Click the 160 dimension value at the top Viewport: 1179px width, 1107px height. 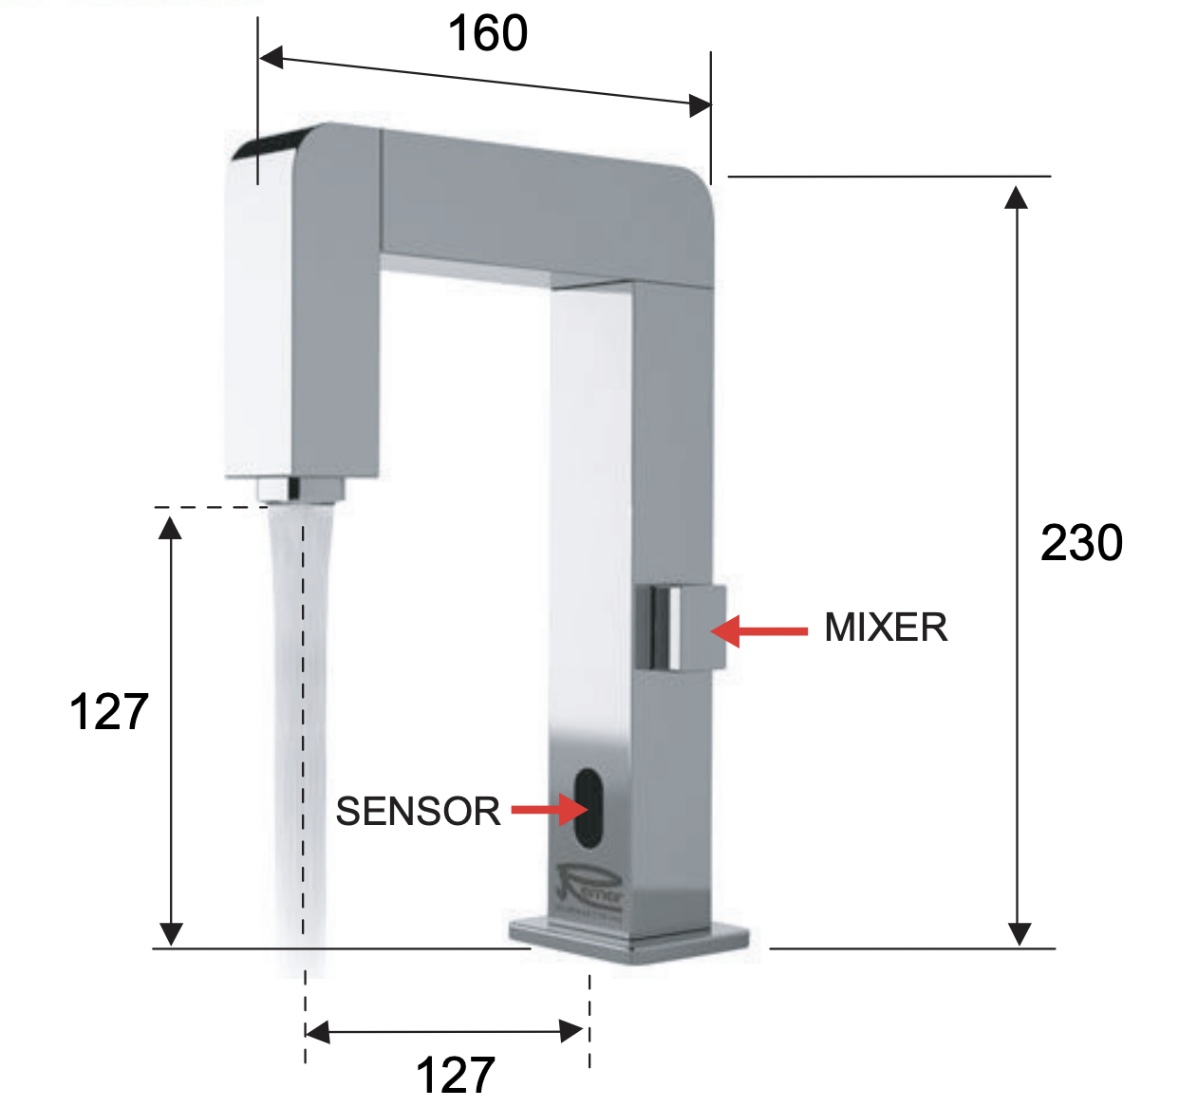pyautogui.click(x=487, y=34)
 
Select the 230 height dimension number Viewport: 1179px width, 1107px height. pyautogui.click(x=1081, y=543)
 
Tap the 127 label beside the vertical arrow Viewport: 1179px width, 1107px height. pyautogui.click(x=109, y=711)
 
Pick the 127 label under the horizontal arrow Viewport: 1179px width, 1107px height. pyautogui.click(x=456, y=1076)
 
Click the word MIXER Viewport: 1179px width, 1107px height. pyautogui.click(x=886, y=628)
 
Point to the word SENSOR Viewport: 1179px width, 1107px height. pyautogui.click(x=418, y=811)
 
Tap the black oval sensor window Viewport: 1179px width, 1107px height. pyautogui.click(x=588, y=808)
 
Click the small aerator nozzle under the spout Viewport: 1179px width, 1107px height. pyautogui.click(x=300, y=490)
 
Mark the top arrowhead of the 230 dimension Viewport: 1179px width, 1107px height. pyautogui.click(x=1017, y=197)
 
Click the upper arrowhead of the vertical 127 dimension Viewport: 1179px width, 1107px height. pyautogui.click(x=170, y=525)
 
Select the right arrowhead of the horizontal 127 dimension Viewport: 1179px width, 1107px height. pyautogui.click(x=572, y=1031)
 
